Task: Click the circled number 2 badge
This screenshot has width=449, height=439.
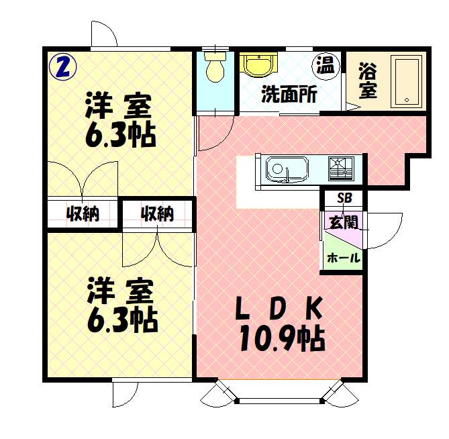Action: tap(62, 67)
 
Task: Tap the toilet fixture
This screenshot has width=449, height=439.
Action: tap(215, 66)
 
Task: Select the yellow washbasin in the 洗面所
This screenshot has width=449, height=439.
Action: tap(258, 64)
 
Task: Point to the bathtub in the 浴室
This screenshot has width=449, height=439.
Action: tap(407, 82)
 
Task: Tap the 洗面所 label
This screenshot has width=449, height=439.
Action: tap(289, 94)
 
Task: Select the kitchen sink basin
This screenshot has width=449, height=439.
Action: tap(287, 170)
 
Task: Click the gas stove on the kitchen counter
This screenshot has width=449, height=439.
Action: tap(341, 169)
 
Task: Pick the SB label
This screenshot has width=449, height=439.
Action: tap(344, 197)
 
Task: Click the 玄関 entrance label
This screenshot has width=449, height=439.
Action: tap(344, 222)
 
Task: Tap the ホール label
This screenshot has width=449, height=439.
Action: tap(344, 258)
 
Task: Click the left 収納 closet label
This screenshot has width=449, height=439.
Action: tap(83, 213)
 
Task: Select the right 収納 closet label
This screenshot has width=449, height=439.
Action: tap(158, 213)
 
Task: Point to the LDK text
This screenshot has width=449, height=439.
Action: tap(279, 308)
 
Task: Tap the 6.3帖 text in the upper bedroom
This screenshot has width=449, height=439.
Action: tap(121, 135)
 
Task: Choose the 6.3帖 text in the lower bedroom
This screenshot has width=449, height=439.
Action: tap(123, 320)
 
